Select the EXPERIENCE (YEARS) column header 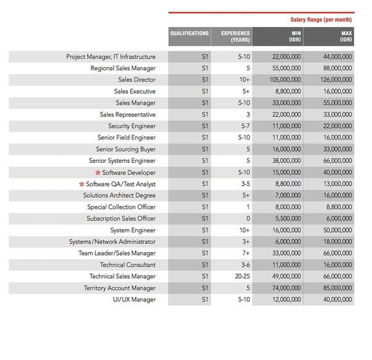[x=231, y=36]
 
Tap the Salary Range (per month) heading [x=321, y=20]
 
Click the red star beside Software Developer [x=98, y=172]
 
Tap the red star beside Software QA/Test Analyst [x=82, y=184]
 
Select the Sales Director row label [x=137, y=80]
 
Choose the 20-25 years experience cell [x=231, y=277]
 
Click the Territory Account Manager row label [x=120, y=288]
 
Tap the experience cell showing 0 [x=231, y=219]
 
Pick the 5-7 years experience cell [x=231, y=126]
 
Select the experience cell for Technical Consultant [x=231, y=265]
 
